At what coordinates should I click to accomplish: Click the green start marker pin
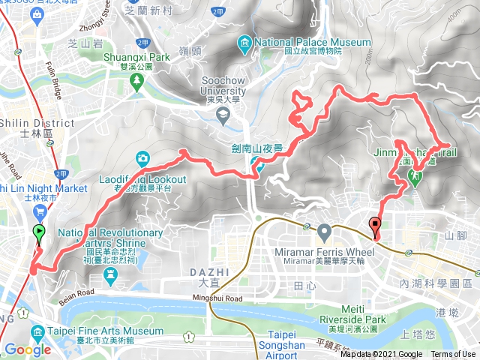click(x=39, y=233)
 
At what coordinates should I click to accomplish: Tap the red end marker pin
click(x=374, y=224)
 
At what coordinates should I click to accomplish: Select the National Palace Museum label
click(x=313, y=42)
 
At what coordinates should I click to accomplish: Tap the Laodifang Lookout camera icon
click(x=143, y=158)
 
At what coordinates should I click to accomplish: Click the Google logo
click(x=28, y=349)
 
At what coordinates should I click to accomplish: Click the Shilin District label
click(x=26, y=124)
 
